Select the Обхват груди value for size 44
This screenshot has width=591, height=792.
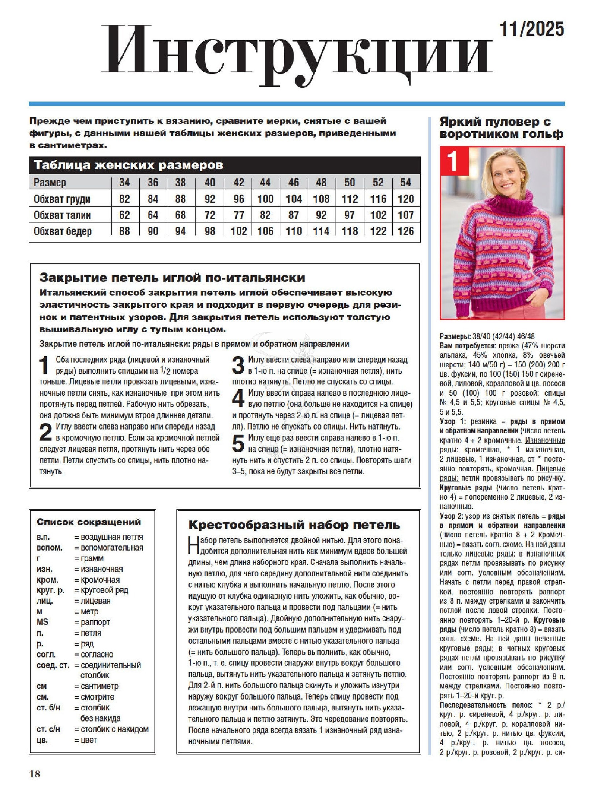click(x=265, y=199)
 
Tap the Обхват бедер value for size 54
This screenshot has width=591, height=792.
click(x=405, y=231)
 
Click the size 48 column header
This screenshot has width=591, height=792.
click(x=321, y=183)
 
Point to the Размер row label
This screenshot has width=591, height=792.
click(x=50, y=183)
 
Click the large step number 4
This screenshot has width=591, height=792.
click(x=238, y=398)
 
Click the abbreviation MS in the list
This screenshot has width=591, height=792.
click(x=42, y=622)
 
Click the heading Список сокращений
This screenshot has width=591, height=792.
click(x=89, y=522)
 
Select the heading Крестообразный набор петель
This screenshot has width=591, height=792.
click(x=294, y=525)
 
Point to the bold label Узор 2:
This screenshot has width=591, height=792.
click(x=451, y=516)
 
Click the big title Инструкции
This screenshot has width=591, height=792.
click(x=297, y=54)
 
